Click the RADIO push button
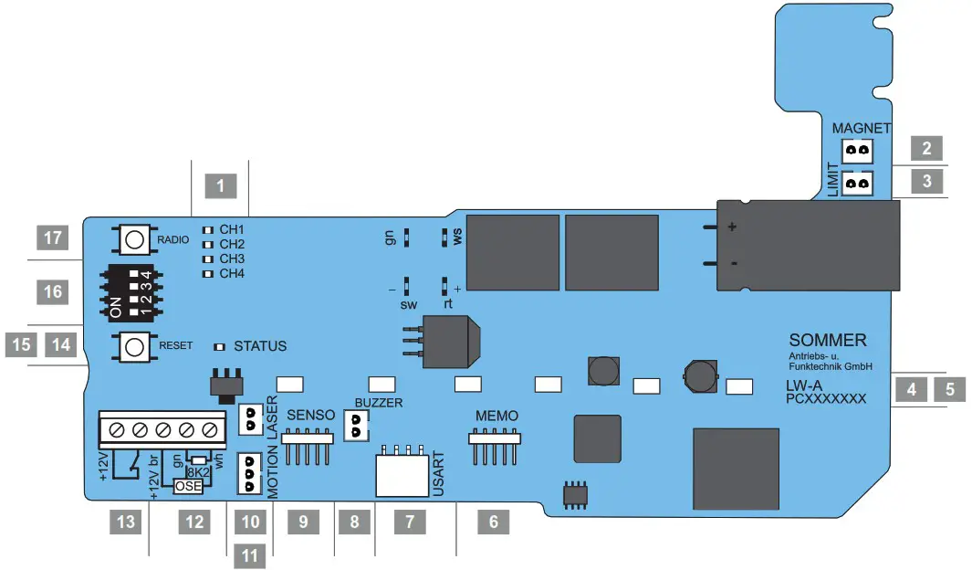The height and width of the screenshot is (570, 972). coord(134,239)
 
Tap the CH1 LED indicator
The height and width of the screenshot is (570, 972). coord(207,230)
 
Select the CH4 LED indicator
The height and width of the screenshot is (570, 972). coord(207,274)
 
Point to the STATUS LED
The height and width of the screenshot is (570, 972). coord(219,347)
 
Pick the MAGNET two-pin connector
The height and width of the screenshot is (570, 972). coord(856,149)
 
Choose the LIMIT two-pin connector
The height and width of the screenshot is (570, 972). coord(856,184)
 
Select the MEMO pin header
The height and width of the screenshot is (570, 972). coord(495,438)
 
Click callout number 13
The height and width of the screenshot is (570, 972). coord(127,522)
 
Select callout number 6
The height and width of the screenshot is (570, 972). coord(494,522)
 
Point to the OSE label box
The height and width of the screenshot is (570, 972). coord(190,487)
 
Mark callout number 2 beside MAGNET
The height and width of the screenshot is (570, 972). coord(926,149)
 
